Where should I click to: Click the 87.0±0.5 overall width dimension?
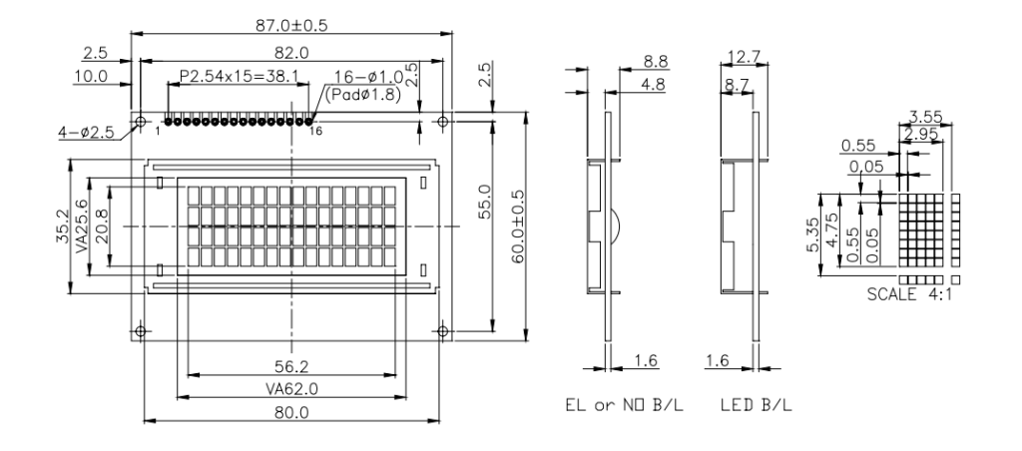coord(290,25)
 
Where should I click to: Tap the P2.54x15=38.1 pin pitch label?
coord(239,76)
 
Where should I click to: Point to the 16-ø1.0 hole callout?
coord(369,76)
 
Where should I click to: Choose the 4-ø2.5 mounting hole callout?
coord(86,133)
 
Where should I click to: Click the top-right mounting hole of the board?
coord(442,121)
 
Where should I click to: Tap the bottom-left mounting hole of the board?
coord(140,331)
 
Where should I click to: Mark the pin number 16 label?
coord(315,132)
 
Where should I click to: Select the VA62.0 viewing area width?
coord(291,389)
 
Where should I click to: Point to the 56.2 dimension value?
coord(291,364)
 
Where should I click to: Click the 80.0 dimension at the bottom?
coord(291,412)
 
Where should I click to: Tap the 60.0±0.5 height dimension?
coord(518,226)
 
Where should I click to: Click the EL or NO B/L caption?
coord(625,405)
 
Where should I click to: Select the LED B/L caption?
coord(757,405)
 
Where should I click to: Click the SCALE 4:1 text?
coord(909,294)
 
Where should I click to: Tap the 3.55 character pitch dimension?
coord(925,118)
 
